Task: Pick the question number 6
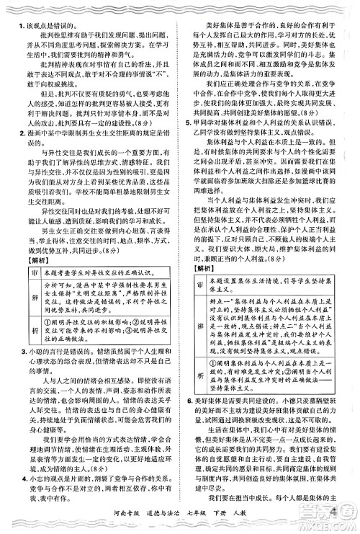click(x=186, y=397)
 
